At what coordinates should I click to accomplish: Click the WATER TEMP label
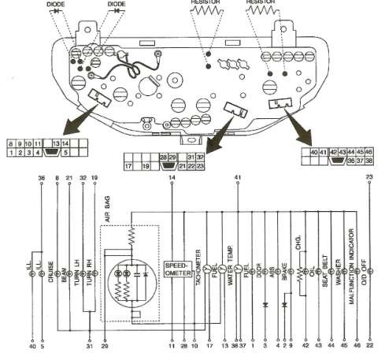(230, 265)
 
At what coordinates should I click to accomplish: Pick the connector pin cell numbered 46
(370, 150)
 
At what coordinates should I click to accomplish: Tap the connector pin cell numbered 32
(201, 158)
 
